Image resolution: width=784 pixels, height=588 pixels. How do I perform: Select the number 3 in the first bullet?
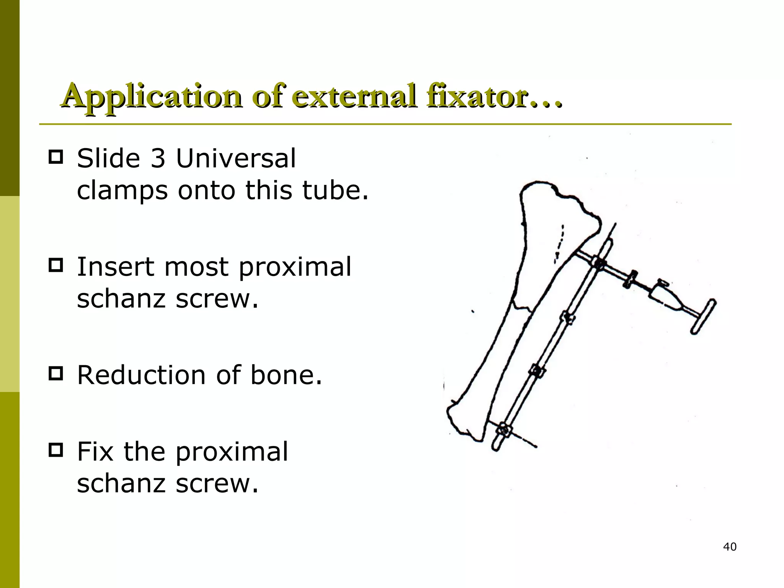(157, 158)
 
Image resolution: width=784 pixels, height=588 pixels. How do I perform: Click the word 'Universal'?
(235, 158)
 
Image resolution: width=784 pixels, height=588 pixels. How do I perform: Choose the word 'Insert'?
(115, 267)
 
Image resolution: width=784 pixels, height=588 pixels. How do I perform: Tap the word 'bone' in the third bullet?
(285, 375)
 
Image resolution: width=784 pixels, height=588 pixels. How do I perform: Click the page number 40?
(730, 547)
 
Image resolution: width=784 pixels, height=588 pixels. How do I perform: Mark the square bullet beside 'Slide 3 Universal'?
(56, 157)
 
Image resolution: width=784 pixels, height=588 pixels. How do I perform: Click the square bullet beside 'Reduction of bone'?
(56, 374)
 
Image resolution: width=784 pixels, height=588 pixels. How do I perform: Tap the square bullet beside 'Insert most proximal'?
(56, 265)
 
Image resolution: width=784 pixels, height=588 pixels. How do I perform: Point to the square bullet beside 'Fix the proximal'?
(56, 450)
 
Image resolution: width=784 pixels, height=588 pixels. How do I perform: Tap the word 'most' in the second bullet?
(196, 267)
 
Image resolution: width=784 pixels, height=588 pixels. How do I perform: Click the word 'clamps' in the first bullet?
(122, 191)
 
